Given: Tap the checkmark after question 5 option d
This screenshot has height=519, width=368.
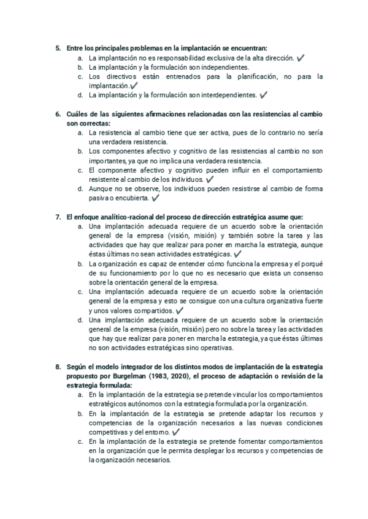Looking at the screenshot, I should [x=263, y=95].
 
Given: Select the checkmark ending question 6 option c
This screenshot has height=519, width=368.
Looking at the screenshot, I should [x=210, y=180].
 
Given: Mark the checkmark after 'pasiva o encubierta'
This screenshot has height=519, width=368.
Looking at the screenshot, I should [x=155, y=198].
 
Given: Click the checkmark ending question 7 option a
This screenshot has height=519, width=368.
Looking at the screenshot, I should [x=237, y=254].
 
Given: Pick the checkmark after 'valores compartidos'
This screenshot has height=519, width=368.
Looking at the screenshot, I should [x=180, y=311].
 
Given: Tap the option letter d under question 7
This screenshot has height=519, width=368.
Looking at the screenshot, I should [x=81, y=320].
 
